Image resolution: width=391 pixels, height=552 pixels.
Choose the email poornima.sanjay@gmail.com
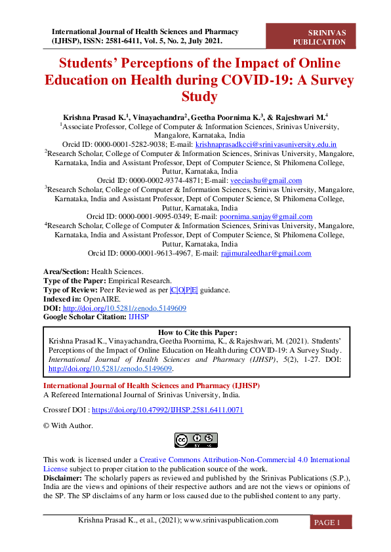coord(275,216)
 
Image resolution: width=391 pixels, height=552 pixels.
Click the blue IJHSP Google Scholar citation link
coord(138,317)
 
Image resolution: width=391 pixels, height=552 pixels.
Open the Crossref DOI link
coord(167,410)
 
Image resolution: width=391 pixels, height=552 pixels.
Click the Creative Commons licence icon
coord(195,440)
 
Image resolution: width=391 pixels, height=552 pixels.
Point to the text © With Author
coord(68,425)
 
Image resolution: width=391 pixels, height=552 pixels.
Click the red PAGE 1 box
coord(331,522)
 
